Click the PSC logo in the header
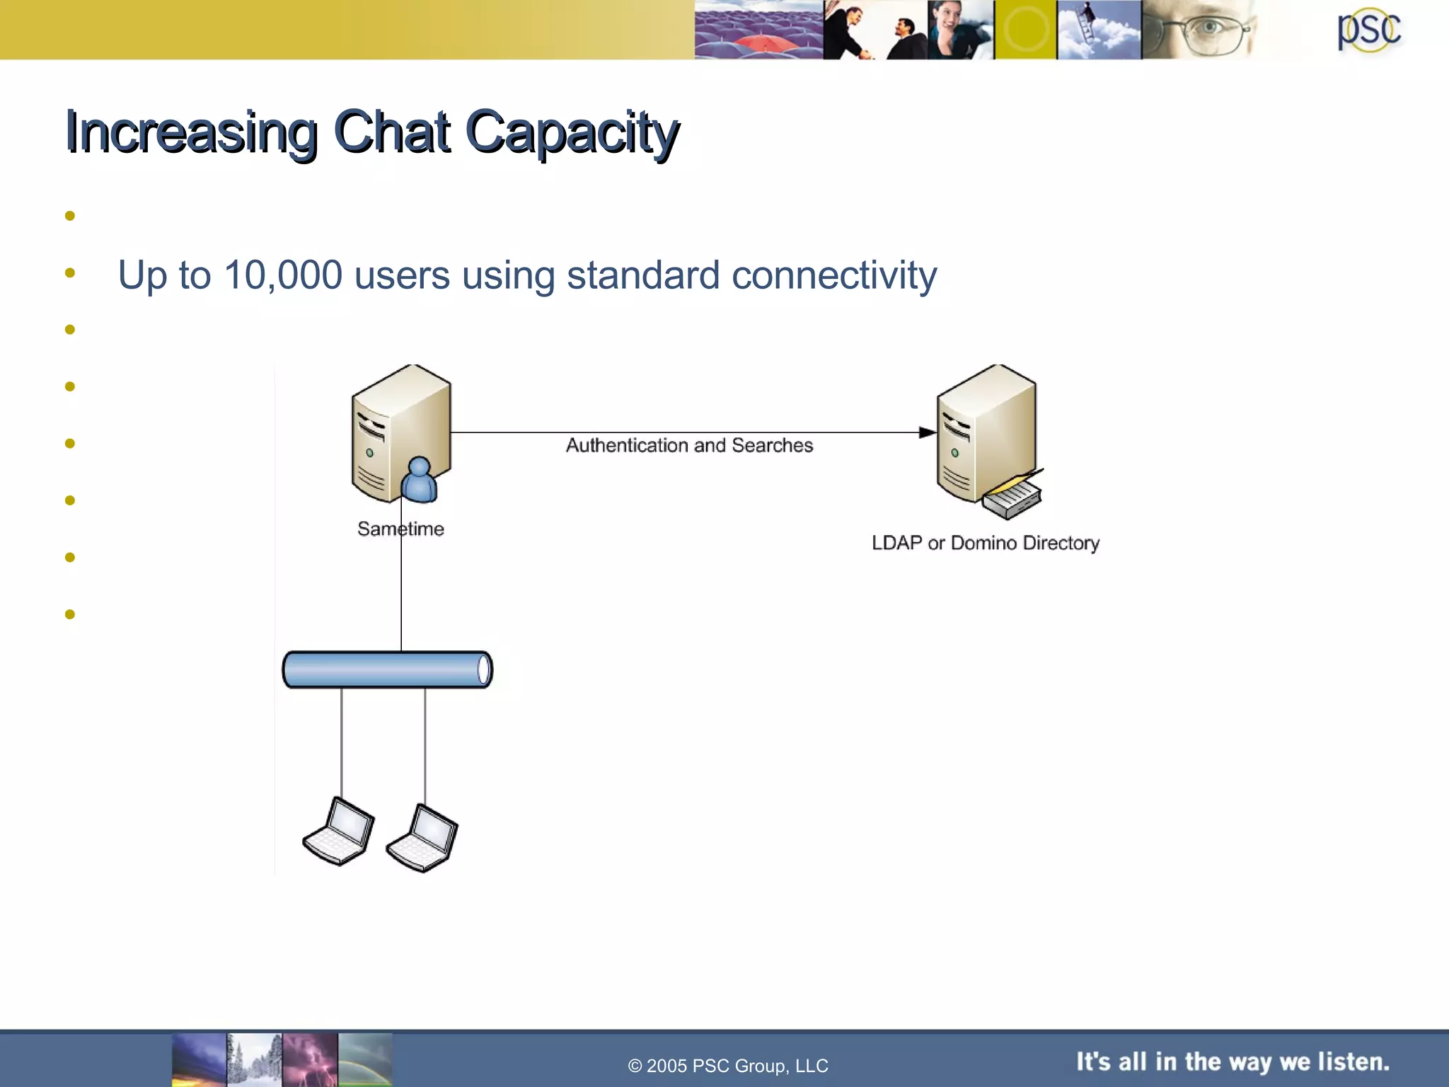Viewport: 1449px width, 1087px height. (x=1368, y=30)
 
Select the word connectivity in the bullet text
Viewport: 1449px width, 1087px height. (x=834, y=275)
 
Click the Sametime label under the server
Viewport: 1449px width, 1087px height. (x=400, y=529)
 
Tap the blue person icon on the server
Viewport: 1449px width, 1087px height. (x=419, y=480)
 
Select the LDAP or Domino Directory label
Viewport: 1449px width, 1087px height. (x=985, y=543)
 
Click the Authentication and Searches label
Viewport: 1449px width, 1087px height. (x=689, y=445)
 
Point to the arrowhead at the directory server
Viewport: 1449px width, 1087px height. (x=927, y=432)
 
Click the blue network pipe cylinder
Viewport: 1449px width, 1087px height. (x=387, y=669)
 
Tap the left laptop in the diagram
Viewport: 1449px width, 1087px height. (x=339, y=831)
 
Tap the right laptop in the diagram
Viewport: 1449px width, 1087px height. (x=422, y=838)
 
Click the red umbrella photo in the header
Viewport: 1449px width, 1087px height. (x=758, y=30)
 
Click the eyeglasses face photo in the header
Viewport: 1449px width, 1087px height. (x=1203, y=30)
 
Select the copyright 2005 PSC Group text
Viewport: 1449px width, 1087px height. (x=727, y=1066)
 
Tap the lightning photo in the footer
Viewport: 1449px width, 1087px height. (x=310, y=1059)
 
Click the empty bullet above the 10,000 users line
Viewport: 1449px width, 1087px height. (x=69, y=216)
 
